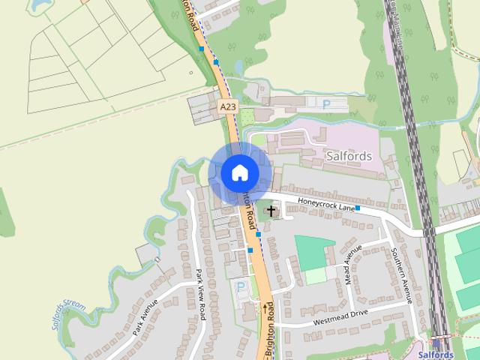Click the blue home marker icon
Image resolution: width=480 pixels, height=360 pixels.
(x=239, y=172)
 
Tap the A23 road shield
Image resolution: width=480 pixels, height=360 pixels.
(x=228, y=108)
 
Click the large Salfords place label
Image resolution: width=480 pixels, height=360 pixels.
(x=349, y=156)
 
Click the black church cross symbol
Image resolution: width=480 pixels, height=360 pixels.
(x=271, y=211)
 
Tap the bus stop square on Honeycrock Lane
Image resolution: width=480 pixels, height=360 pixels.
(x=358, y=208)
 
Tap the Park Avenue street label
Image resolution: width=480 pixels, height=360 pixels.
(x=145, y=316)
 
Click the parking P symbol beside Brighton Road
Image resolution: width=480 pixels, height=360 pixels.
(x=241, y=286)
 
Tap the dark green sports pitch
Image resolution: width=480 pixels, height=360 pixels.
(x=314, y=252)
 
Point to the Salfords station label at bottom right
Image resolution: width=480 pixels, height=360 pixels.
(x=435, y=355)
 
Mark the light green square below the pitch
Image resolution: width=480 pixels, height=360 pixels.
(x=316, y=276)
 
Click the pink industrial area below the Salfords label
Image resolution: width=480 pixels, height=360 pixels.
(x=352, y=176)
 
